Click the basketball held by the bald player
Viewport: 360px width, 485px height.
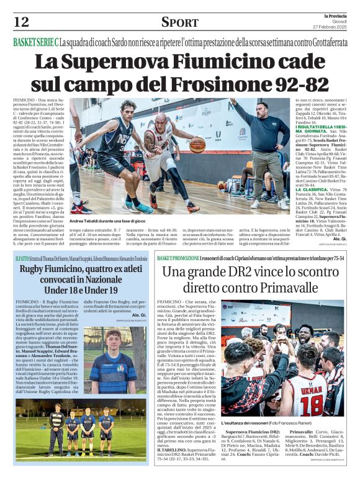coord(197,145)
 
